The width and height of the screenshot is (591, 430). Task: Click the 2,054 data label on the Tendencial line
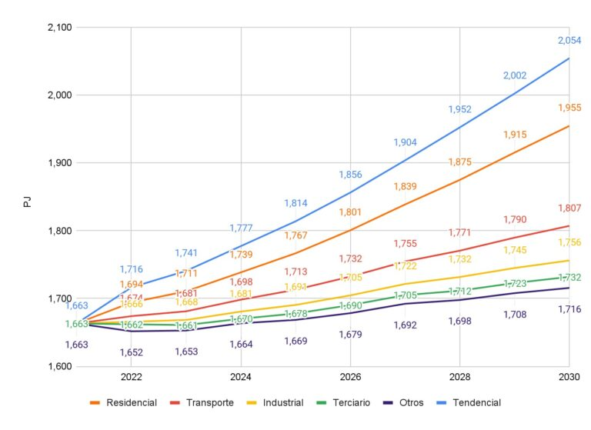pos(569,40)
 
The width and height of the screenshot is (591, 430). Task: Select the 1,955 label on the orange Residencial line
pos(569,108)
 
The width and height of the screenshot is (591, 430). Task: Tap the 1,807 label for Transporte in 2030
pos(569,208)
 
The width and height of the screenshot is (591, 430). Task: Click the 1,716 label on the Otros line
pos(569,309)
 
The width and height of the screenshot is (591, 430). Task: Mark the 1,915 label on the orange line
pos(515,135)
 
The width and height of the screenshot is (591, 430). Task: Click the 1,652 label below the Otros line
pos(131,352)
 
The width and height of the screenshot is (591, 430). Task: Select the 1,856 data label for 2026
pos(351,175)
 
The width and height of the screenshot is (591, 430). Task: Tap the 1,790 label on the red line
pos(515,220)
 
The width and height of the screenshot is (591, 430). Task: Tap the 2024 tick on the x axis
pos(241,378)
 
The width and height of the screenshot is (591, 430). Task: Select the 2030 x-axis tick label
pos(569,378)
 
